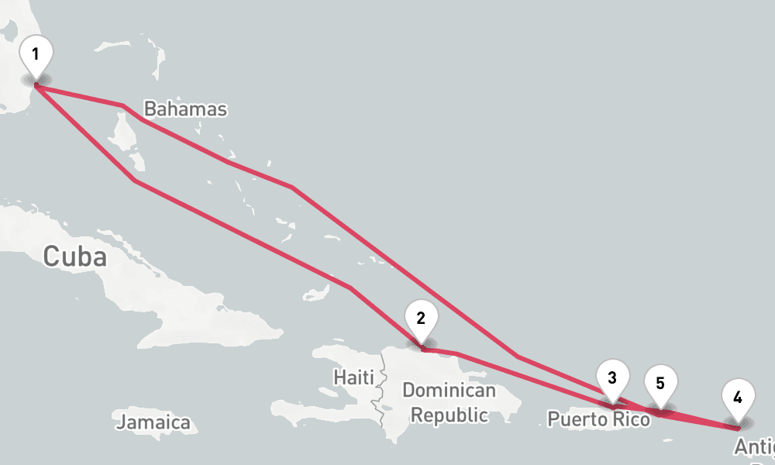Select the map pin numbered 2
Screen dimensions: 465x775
coord(421,320)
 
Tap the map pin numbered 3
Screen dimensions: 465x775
coord(612,381)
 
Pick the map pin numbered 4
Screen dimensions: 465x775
coord(737,401)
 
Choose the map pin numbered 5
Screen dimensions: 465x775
coord(660,385)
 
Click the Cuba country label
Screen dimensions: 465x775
coord(74,256)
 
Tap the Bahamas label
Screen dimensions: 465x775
coord(186,109)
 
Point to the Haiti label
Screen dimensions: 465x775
coord(353,377)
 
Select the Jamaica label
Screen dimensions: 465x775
coord(153,422)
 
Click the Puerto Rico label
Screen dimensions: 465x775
coord(598,419)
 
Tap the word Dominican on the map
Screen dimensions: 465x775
coord(449,390)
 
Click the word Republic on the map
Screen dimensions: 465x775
coord(449,415)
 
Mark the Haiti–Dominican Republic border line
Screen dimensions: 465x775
coord(381,387)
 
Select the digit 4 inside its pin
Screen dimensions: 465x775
coord(737,398)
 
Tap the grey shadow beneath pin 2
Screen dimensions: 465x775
coord(422,343)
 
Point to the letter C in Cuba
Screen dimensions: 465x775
coord(51,256)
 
